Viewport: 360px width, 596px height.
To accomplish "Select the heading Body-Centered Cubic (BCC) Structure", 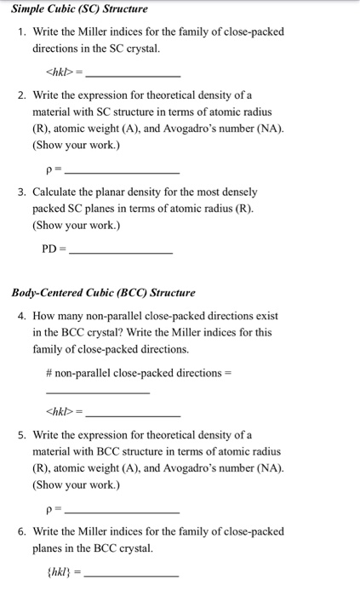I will point(104,293).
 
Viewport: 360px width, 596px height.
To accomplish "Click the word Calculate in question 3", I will point(56,192).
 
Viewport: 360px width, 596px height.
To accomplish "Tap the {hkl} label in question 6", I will point(59,571).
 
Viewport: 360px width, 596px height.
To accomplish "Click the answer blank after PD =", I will point(120,253).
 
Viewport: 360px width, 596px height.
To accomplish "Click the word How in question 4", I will point(45,316).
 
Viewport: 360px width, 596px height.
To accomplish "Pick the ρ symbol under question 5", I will point(49,511).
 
